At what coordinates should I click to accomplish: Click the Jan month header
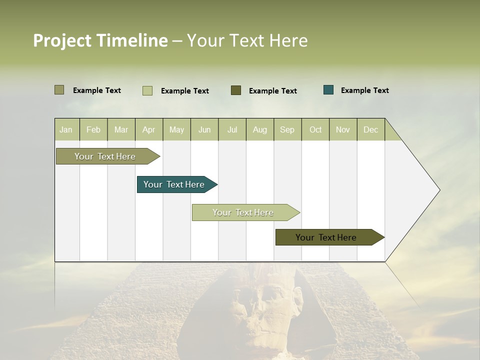pyautogui.click(x=66, y=129)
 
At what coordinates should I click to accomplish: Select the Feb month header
pyautogui.click(x=93, y=129)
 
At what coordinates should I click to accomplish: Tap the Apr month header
pyautogui.click(x=148, y=129)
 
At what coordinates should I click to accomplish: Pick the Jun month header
pyautogui.click(x=204, y=129)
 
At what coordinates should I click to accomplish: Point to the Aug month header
pyautogui.click(x=259, y=129)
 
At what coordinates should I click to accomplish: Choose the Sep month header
pyautogui.click(x=287, y=129)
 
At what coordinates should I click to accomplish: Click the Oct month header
pyautogui.click(x=315, y=129)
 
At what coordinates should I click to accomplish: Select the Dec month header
pyautogui.click(x=370, y=129)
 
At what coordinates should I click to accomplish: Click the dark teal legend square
pyautogui.click(x=328, y=90)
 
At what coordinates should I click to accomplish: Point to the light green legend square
pyautogui.click(x=147, y=90)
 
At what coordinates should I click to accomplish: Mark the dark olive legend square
pyautogui.click(x=236, y=90)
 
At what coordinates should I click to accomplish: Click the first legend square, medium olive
pyautogui.click(x=59, y=90)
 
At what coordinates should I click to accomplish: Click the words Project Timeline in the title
pyautogui.click(x=100, y=40)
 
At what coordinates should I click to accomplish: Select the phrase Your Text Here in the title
pyautogui.click(x=247, y=40)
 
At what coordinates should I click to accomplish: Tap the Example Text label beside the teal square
pyautogui.click(x=364, y=90)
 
